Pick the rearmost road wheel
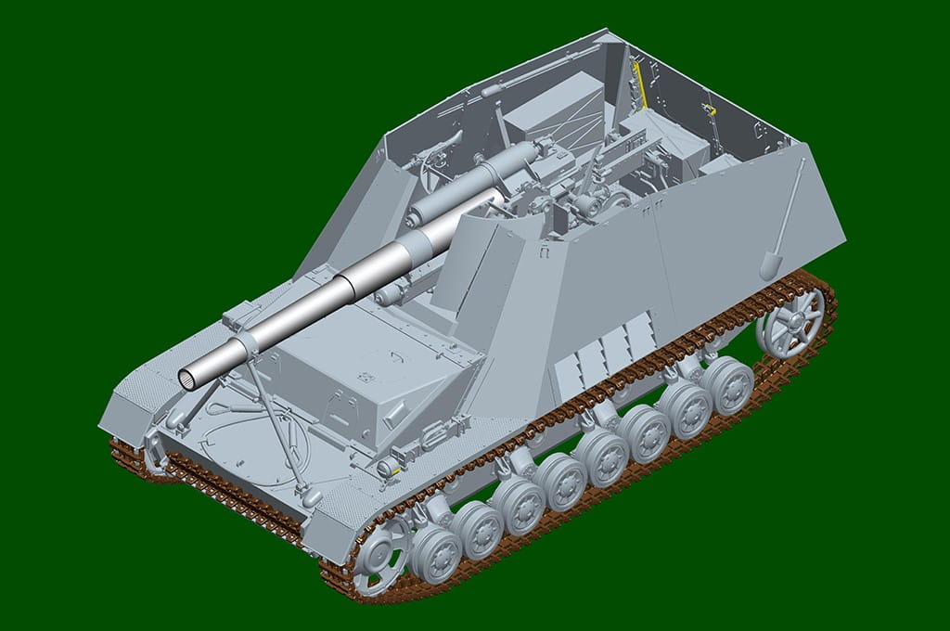[x=726, y=384]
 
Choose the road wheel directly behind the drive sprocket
[x=436, y=553]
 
